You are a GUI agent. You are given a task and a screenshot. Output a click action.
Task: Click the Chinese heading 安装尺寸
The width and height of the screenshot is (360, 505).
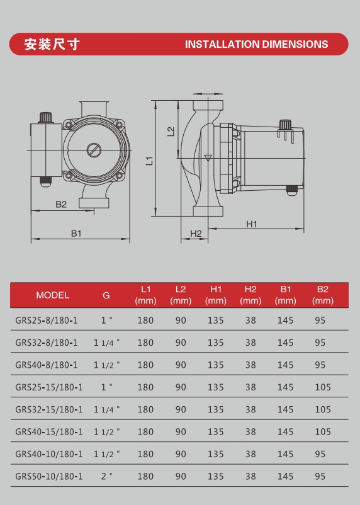pyautogui.click(x=52, y=44)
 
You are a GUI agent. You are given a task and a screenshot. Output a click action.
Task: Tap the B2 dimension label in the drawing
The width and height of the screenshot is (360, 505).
pyautogui.click(x=61, y=204)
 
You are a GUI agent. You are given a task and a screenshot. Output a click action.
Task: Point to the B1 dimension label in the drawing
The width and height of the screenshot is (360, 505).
pyautogui.click(x=76, y=233)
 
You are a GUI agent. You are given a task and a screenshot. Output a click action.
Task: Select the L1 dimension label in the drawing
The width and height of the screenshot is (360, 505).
pyautogui.click(x=149, y=161)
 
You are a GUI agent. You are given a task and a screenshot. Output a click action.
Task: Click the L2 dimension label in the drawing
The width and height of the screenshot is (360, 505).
pyautogui.click(x=171, y=131)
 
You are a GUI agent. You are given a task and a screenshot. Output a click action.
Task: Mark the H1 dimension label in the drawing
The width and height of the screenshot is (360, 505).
pyautogui.click(x=252, y=224)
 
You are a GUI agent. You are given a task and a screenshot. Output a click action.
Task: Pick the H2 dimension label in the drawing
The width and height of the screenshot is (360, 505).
pyautogui.click(x=196, y=234)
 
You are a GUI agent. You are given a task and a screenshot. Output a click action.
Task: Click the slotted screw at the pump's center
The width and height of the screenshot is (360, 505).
pyautogui.click(x=94, y=150)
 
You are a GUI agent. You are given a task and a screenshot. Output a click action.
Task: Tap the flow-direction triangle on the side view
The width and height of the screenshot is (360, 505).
pyautogui.click(x=208, y=158)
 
